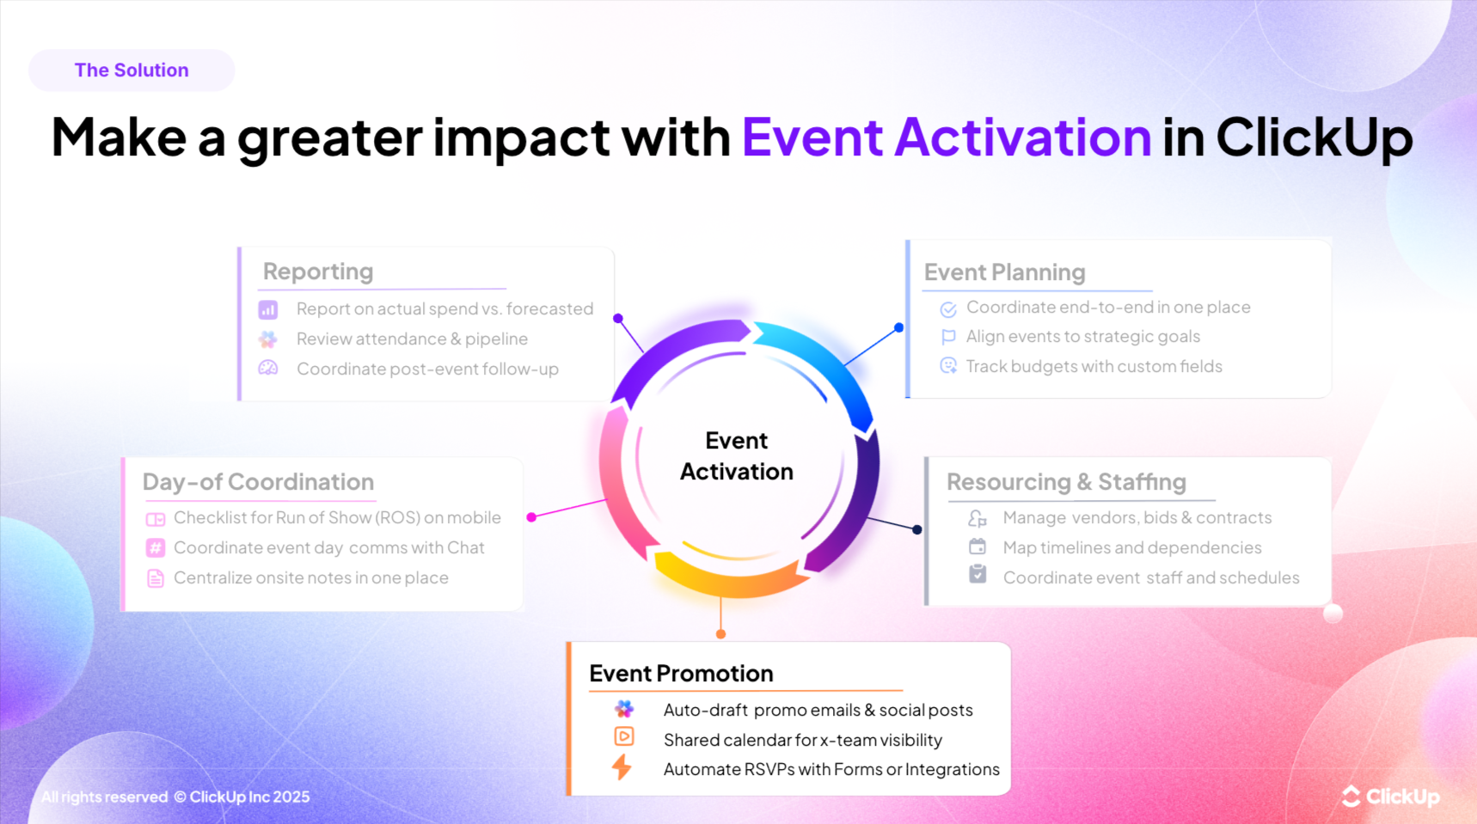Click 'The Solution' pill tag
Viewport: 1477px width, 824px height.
[132, 70]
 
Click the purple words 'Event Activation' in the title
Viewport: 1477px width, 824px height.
[946, 137]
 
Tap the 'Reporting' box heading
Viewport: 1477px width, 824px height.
[318, 272]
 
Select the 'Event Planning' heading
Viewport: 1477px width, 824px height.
[1004, 272]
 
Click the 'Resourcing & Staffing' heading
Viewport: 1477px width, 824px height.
[1066, 482]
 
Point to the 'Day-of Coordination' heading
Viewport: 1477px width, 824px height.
[258, 482]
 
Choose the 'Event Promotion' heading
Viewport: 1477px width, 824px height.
[681, 674]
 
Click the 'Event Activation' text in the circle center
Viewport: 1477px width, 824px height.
[737, 456]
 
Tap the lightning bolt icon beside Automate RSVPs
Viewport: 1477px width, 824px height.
[622, 766]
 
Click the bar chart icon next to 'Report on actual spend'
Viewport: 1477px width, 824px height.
[268, 309]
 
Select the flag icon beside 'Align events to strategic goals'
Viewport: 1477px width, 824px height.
[948, 337]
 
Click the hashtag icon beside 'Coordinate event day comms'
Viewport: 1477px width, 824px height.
[156, 548]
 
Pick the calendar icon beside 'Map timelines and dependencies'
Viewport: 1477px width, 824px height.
[978, 546]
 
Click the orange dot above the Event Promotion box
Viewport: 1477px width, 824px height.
[720, 634]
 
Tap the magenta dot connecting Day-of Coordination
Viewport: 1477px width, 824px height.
[531, 517]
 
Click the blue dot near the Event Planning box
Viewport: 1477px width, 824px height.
[898, 327]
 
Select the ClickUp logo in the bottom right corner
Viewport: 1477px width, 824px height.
[1390, 797]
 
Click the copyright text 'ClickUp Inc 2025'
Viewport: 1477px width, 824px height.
[249, 797]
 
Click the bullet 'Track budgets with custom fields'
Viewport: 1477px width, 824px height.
[1094, 367]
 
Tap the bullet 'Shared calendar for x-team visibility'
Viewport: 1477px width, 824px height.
[802, 740]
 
